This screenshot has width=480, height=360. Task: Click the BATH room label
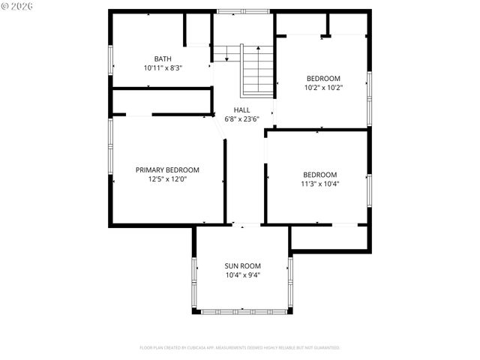pos(163,58)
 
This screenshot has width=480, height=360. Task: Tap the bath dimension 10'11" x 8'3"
pos(163,67)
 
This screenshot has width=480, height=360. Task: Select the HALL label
pos(241,109)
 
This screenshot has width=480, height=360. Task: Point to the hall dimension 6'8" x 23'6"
pos(241,118)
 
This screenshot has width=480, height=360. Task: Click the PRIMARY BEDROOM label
pos(167,169)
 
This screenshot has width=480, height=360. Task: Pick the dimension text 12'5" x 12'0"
pos(167,178)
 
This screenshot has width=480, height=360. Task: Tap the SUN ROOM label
pos(242,265)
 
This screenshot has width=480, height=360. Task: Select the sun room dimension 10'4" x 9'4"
pos(242,274)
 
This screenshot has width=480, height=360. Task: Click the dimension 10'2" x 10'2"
pos(323,87)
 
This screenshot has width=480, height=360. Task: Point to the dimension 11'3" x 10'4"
pos(319,183)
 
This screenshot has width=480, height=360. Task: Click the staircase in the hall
pos(257,70)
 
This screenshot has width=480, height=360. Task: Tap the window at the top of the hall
pos(242,11)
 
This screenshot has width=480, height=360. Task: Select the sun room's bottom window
pos(242,311)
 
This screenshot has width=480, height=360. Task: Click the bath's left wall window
pos(110,61)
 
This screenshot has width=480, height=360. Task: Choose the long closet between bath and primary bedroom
pos(161,101)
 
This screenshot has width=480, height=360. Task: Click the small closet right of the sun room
pos(329,237)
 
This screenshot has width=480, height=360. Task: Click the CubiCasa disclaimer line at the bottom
pos(240,347)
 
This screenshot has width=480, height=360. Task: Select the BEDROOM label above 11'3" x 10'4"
pos(319,174)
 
